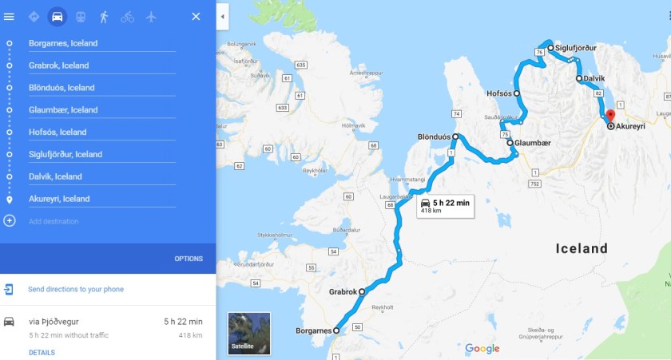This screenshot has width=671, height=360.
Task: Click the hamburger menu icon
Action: pyautogui.click(x=10, y=16)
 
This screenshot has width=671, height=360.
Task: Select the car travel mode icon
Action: pyautogui.click(x=58, y=16)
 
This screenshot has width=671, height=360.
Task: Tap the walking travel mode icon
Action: pyautogui.click(x=104, y=16)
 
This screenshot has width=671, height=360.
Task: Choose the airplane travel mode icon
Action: pyautogui.click(x=150, y=16)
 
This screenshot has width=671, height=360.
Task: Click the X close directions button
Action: pyautogui.click(x=196, y=16)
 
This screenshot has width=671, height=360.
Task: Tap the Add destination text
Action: pyautogui.click(x=54, y=221)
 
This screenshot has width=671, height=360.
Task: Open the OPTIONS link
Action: pyautogui.click(x=189, y=259)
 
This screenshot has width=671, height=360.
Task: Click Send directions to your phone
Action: pyautogui.click(x=76, y=289)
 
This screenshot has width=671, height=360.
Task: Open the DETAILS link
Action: pyautogui.click(x=42, y=352)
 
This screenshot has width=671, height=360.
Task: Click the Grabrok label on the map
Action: pyautogui.click(x=343, y=292)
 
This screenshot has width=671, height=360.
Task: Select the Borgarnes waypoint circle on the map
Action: pyautogui.click(x=336, y=330)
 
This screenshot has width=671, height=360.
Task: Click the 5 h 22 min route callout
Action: pyautogui.click(x=444, y=207)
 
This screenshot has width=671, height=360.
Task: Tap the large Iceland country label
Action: pyautogui.click(x=582, y=248)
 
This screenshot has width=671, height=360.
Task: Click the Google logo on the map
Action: pyautogui.click(x=482, y=348)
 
